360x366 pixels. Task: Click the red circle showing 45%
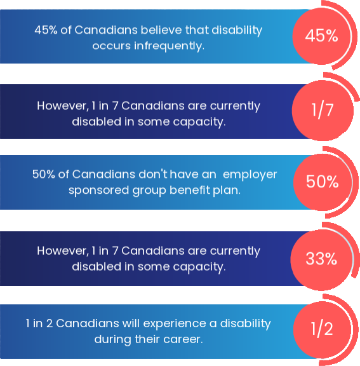click(x=321, y=36)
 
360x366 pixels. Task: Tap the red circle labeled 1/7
click(x=322, y=110)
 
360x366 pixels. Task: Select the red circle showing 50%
click(x=322, y=182)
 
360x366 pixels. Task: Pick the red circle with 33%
click(x=321, y=259)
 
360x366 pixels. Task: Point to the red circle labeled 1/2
click(x=322, y=330)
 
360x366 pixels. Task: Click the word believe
click(x=138, y=30)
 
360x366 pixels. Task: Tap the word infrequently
click(x=171, y=46)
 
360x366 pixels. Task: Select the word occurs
click(x=110, y=46)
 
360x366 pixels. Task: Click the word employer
click(x=249, y=174)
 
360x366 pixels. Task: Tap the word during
click(x=112, y=339)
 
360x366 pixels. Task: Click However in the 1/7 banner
click(x=62, y=105)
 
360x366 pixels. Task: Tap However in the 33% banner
click(x=62, y=250)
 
